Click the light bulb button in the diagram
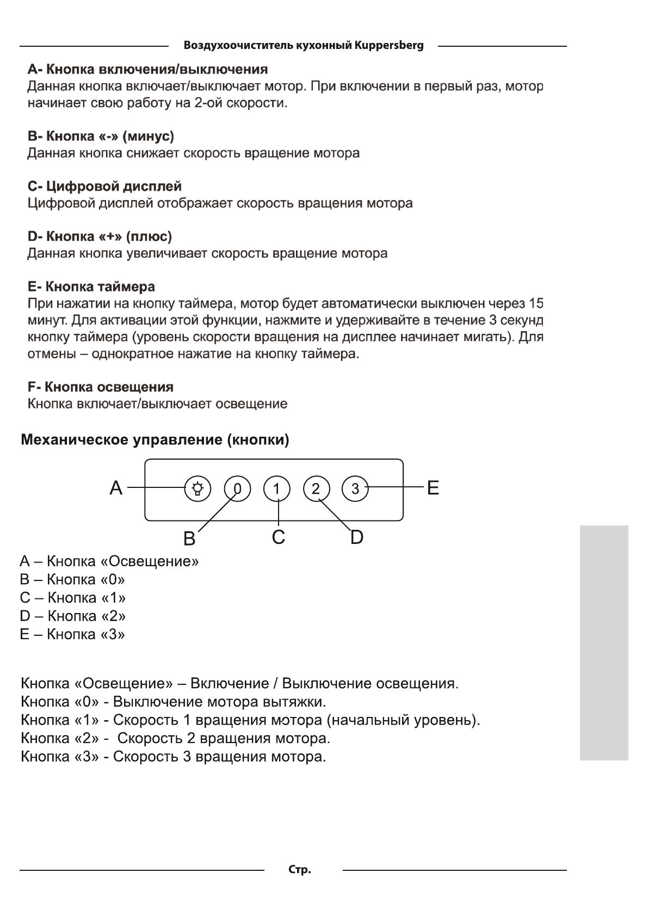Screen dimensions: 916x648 coord(198,488)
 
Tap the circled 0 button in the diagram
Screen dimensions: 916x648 coord(237,488)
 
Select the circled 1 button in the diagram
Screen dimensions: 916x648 coord(277,488)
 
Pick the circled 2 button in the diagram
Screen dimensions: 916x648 coord(316,488)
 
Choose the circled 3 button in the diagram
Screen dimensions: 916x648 coord(355,488)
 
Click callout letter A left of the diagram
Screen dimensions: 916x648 coord(116,488)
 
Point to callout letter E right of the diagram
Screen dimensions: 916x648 coord(433,488)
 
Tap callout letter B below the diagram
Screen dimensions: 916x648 coord(189,539)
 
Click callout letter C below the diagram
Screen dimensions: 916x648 coord(278,537)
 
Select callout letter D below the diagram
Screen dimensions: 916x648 coord(356,537)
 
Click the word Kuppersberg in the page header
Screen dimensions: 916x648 coord(388,45)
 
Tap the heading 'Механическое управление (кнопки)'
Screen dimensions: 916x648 coord(155,440)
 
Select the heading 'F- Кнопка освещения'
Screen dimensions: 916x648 coord(101,387)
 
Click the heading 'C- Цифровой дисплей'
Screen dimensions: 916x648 coord(104,187)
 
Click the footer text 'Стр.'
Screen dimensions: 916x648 coord(300,870)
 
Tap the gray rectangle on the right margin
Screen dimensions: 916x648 coord(604,642)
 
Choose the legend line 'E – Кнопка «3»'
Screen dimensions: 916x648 coord(72,634)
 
